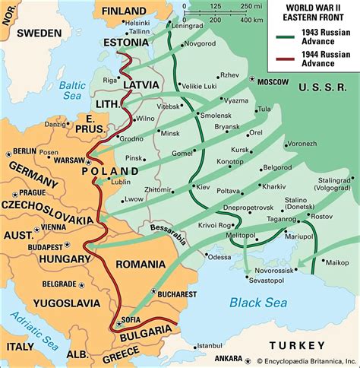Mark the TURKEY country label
click(321, 333)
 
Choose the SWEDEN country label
click(39, 33)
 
